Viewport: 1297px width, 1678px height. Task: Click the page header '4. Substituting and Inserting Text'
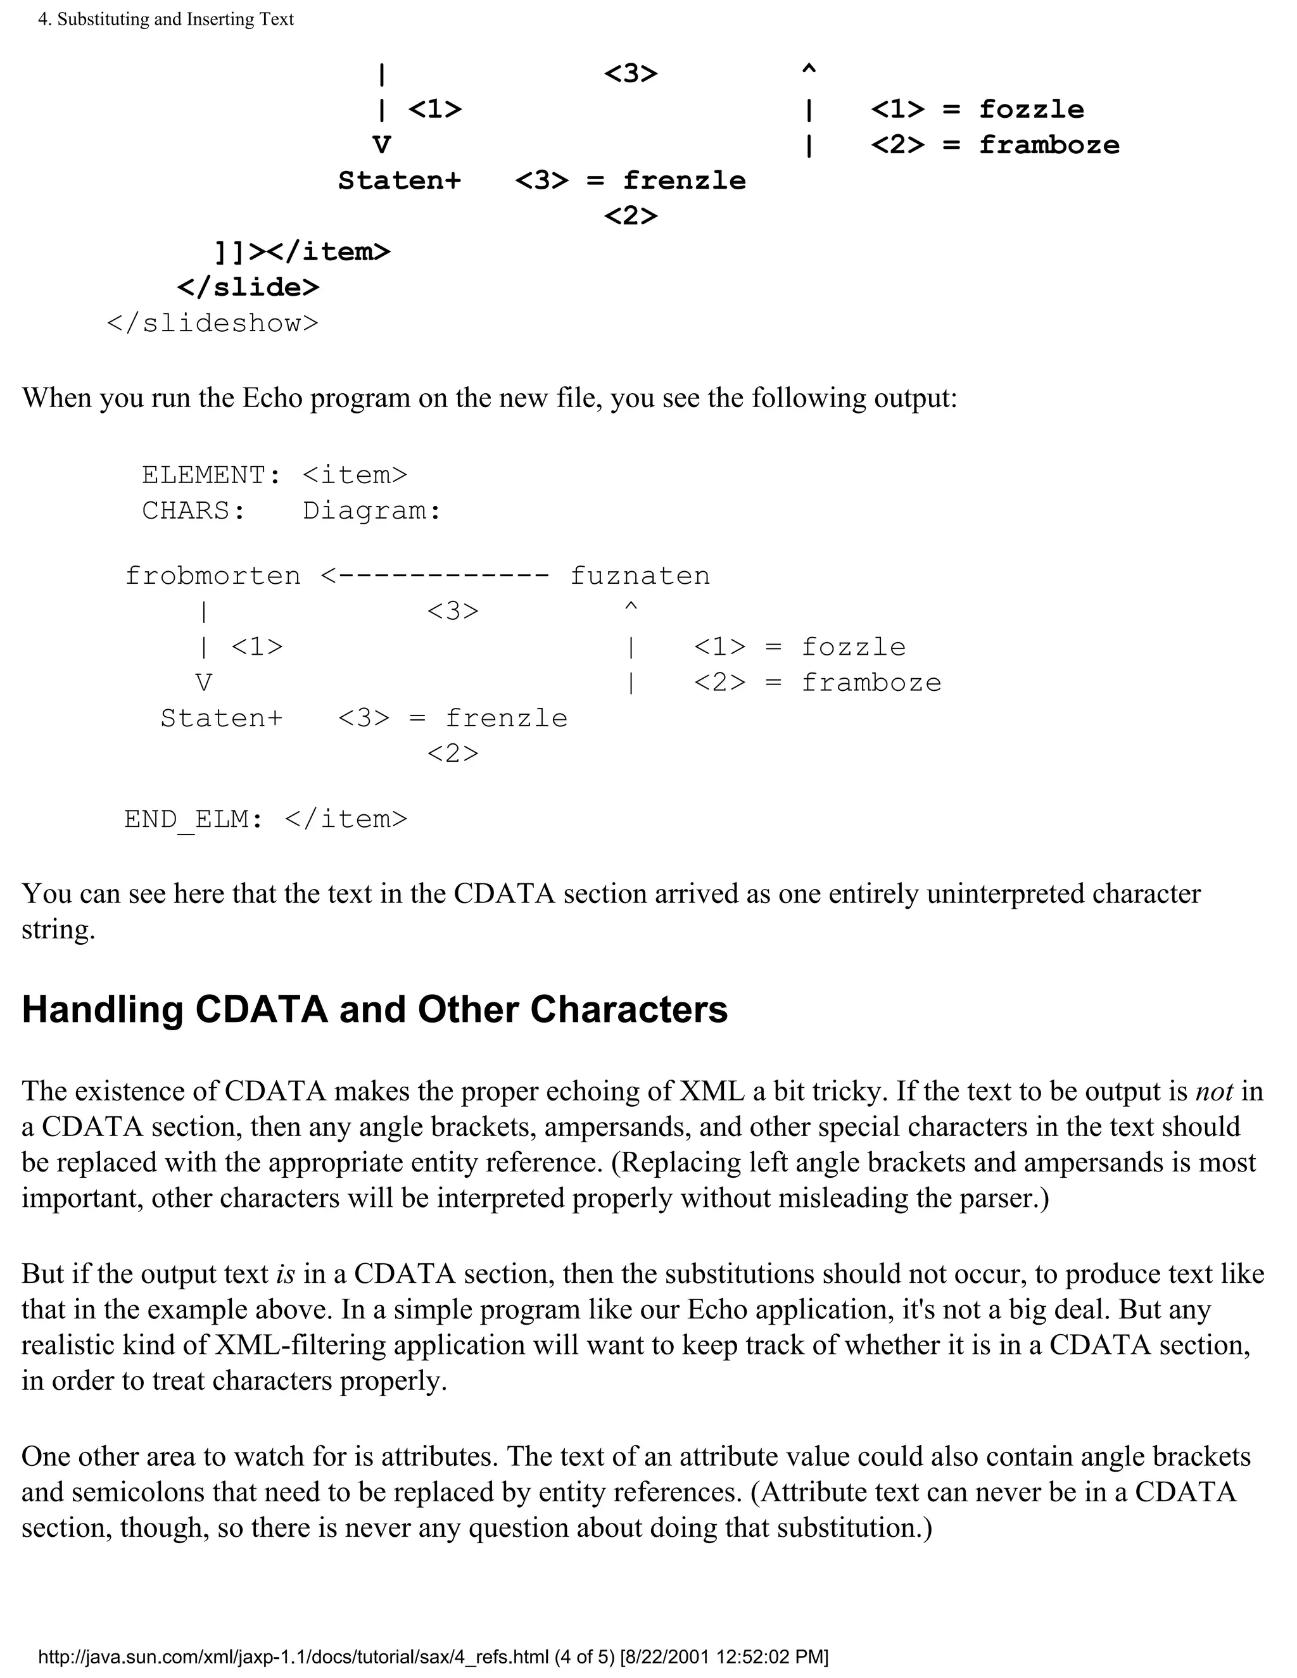166,19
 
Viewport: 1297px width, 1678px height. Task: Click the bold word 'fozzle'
1031,110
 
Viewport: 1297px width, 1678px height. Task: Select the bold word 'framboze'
1049,145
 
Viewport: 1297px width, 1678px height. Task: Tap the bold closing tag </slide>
248,287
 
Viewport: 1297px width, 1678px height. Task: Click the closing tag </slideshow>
212,324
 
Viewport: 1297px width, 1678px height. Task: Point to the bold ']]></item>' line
302,252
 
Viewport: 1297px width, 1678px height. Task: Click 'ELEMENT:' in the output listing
212,476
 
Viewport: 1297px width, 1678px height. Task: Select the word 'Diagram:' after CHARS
372,511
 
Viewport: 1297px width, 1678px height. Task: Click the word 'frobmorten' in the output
213,576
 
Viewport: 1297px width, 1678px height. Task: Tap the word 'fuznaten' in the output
640,576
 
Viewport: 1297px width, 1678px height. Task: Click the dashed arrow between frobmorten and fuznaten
435,576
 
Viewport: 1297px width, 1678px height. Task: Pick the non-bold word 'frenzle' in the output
507,719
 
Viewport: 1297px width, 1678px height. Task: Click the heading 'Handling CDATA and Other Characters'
374,1009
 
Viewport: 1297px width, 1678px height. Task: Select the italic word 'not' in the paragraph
1214,1092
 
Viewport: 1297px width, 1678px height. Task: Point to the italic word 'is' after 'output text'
285,1275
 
